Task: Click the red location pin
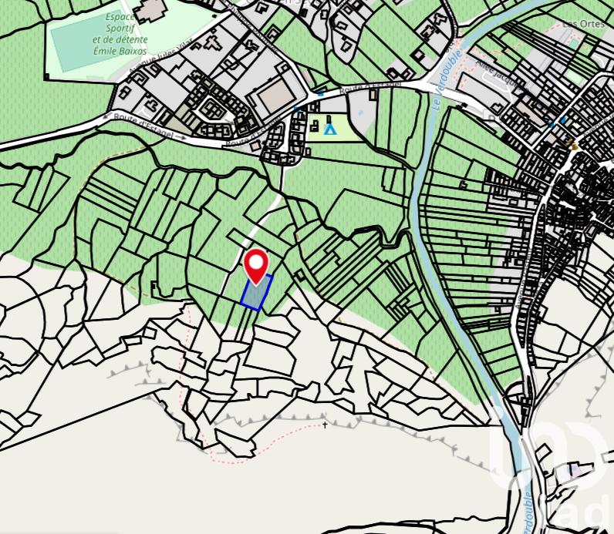[256, 264]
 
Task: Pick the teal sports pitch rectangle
[77, 46]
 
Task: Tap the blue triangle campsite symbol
[330, 129]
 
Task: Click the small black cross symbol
[325, 425]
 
